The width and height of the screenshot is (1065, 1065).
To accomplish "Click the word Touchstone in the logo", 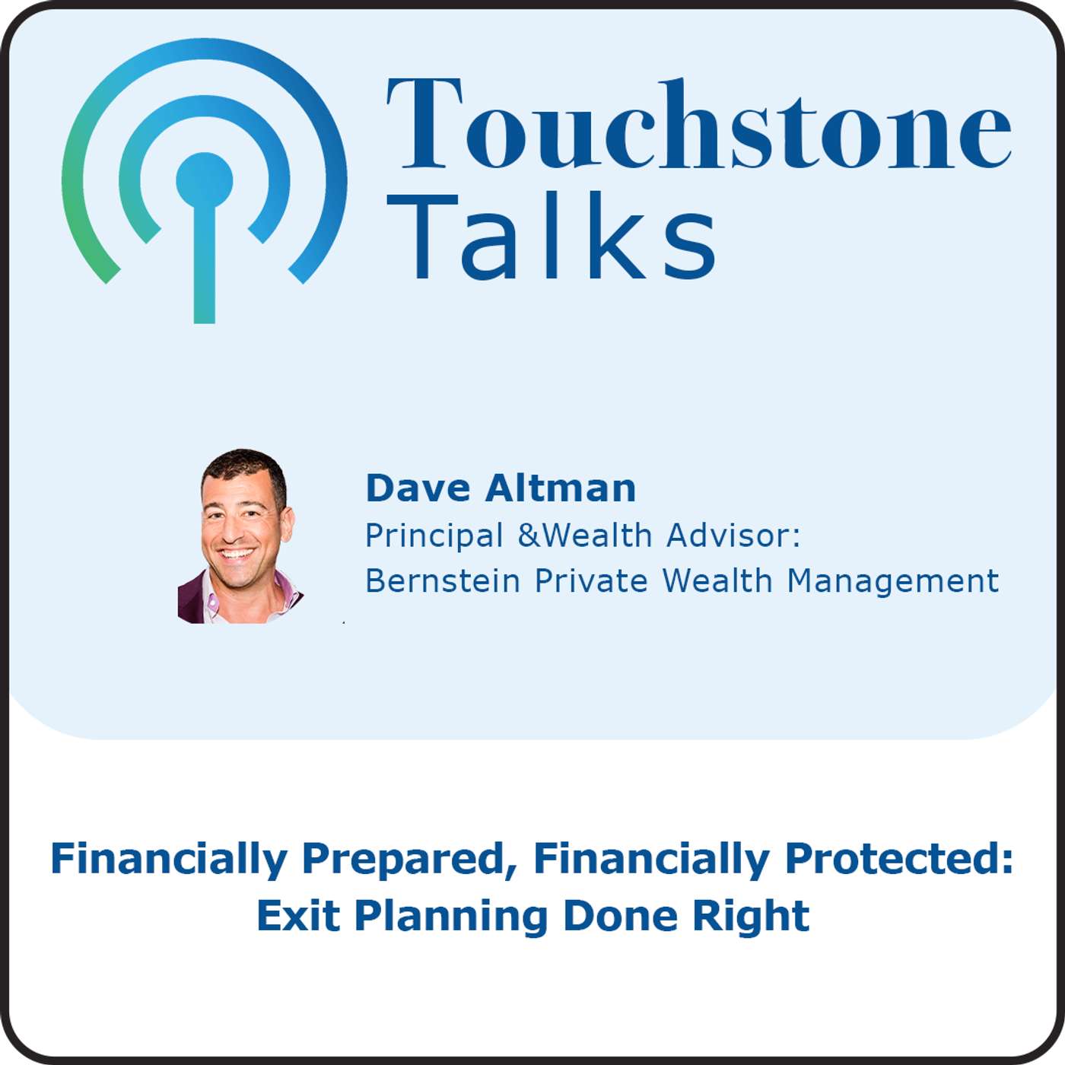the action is pos(698,123).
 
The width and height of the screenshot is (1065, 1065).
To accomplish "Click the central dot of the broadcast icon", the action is pos(204,181).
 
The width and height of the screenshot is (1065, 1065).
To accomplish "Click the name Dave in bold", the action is pos(418,488).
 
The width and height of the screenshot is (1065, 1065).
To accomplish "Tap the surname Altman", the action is pos(561,488).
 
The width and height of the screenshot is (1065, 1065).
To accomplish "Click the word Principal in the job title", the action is pos(434,536).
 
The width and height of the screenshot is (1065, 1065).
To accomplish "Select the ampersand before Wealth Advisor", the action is pos(529,536).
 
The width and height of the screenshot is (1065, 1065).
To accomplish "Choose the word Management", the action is pos(892,581).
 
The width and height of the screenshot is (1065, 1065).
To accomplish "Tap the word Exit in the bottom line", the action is pos(298,916).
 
